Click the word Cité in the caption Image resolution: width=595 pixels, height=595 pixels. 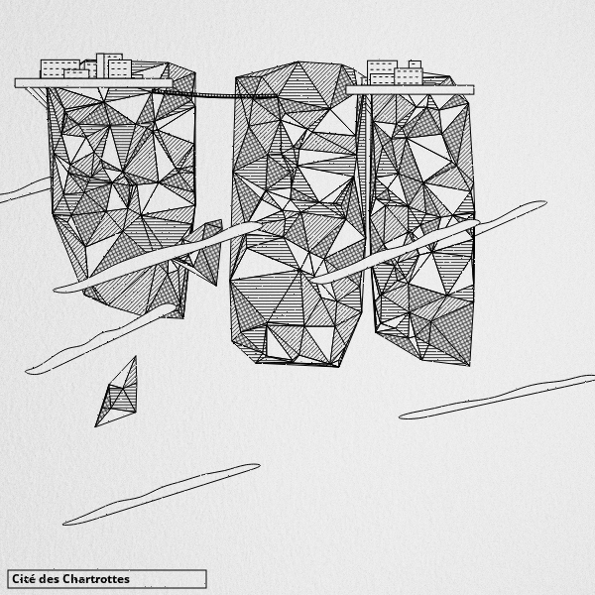click(24, 579)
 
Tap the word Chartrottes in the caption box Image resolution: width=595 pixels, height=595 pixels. click(96, 579)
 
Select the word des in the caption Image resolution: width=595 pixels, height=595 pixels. click(50, 579)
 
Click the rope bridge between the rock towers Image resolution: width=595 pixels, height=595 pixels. click(214, 94)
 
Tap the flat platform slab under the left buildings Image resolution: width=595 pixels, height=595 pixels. click(93, 83)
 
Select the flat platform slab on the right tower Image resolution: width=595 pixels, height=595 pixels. click(411, 90)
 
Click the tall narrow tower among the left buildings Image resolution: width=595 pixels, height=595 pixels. click(100, 65)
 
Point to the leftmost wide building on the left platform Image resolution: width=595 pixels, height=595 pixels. click(59, 68)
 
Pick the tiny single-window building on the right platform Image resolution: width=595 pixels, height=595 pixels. click(415, 64)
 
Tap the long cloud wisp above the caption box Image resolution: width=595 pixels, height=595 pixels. click(162, 495)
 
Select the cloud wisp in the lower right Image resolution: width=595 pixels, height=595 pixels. click(497, 397)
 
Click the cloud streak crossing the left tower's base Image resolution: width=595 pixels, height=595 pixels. click(158, 257)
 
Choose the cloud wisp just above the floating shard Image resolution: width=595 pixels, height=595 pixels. click(100, 339)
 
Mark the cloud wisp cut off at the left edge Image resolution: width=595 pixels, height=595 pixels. click(25, 190)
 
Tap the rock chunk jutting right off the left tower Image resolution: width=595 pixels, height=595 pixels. click(203, 252)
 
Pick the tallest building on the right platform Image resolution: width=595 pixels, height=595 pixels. click(382, 72)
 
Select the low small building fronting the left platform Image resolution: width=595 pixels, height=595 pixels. click(76, 73)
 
